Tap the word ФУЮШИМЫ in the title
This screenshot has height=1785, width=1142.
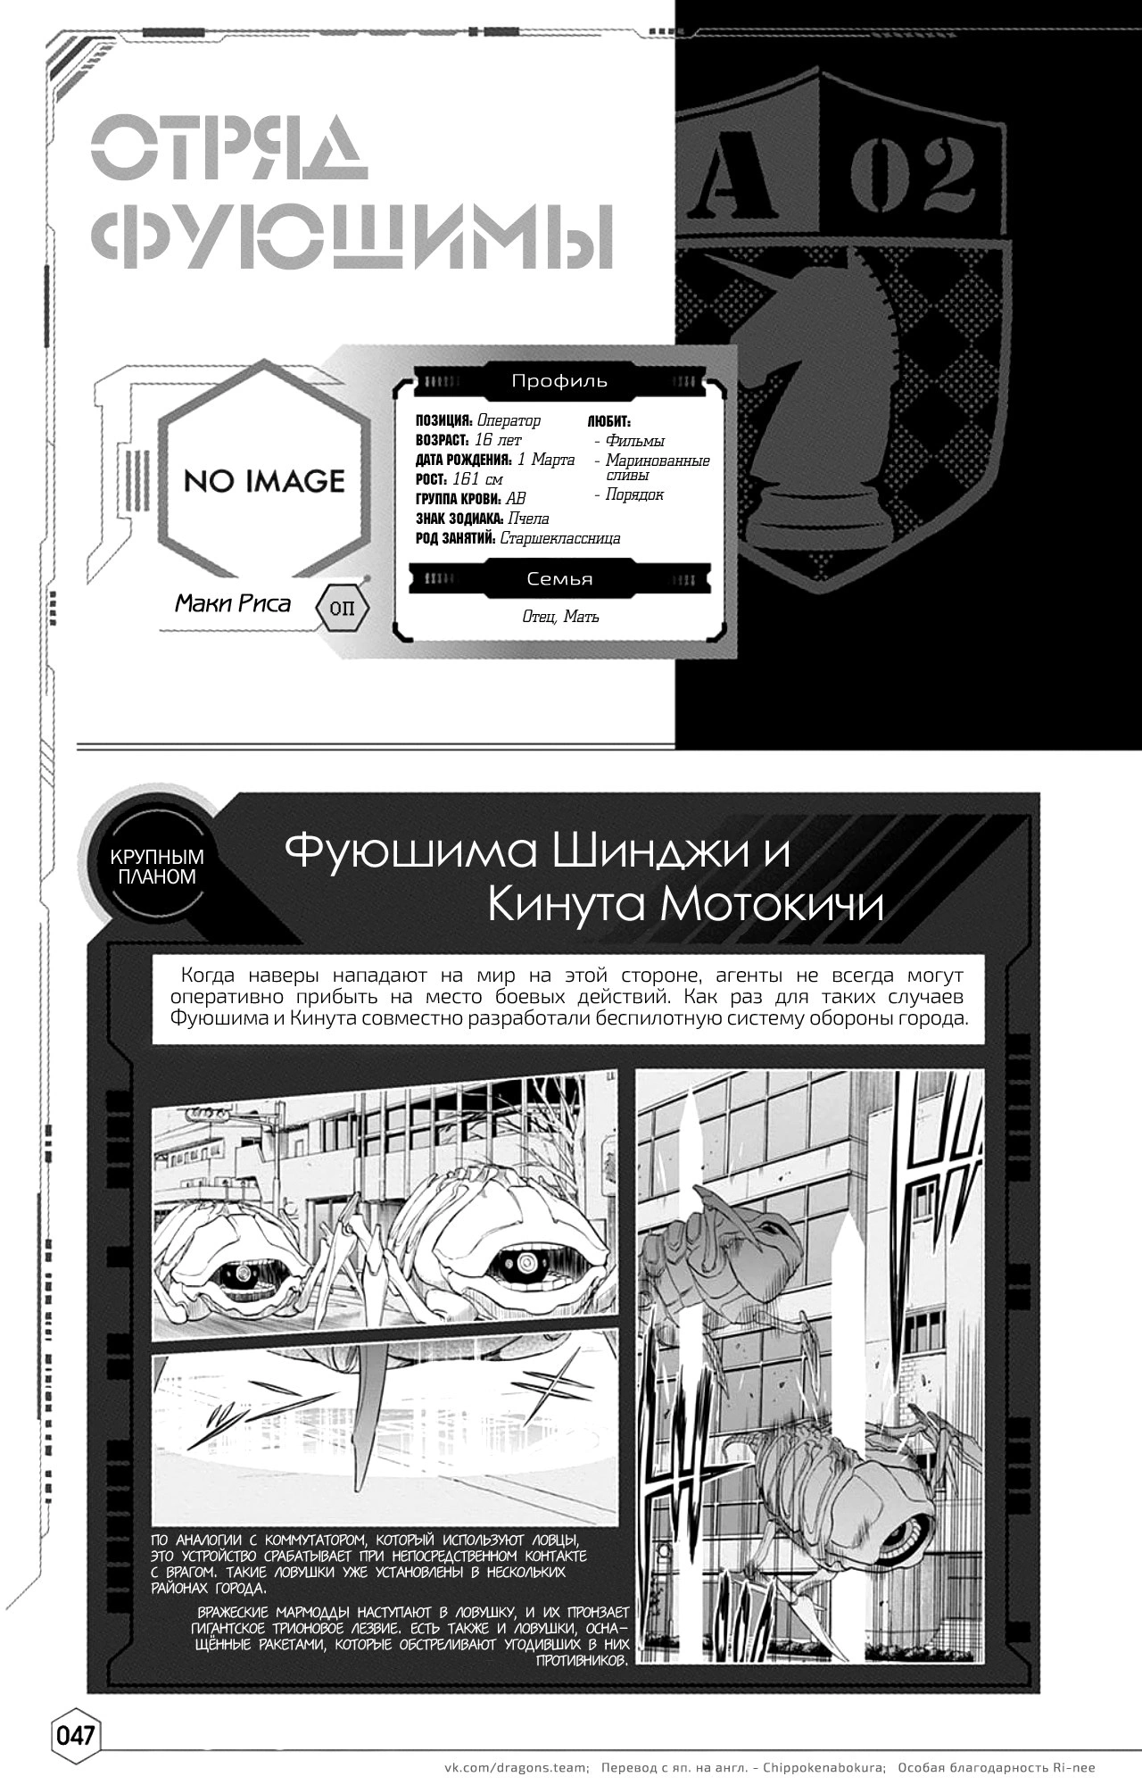pos(353,236)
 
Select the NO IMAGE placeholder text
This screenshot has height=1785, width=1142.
pos(264,481)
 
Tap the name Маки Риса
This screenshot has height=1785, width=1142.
pos(233,604)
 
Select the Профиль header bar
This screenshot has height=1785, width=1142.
pos(559,381)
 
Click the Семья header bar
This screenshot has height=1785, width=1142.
pos(559,578)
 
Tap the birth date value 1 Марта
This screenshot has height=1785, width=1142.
pos(546,460)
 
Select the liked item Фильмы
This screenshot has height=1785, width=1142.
pos(635,441)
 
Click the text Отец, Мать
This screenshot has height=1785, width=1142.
pos(560,617)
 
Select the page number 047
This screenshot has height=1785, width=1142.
pos(75,1736)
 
